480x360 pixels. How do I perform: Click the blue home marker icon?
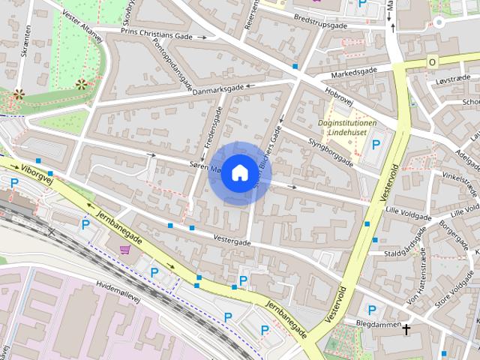pyautogui.click(x=238, y=172)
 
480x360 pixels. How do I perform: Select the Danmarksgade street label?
pyautogui.click(x=217, y=88)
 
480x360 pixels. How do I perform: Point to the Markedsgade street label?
pyautogui.click(x=349, y=70)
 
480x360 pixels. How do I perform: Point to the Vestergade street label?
pyautogui.click(x=232, y=242)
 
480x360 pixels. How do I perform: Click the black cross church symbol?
pyautogui.click(x=406, y=328)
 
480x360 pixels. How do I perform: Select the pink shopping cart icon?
pyautogui.click(x=124, y=248)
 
